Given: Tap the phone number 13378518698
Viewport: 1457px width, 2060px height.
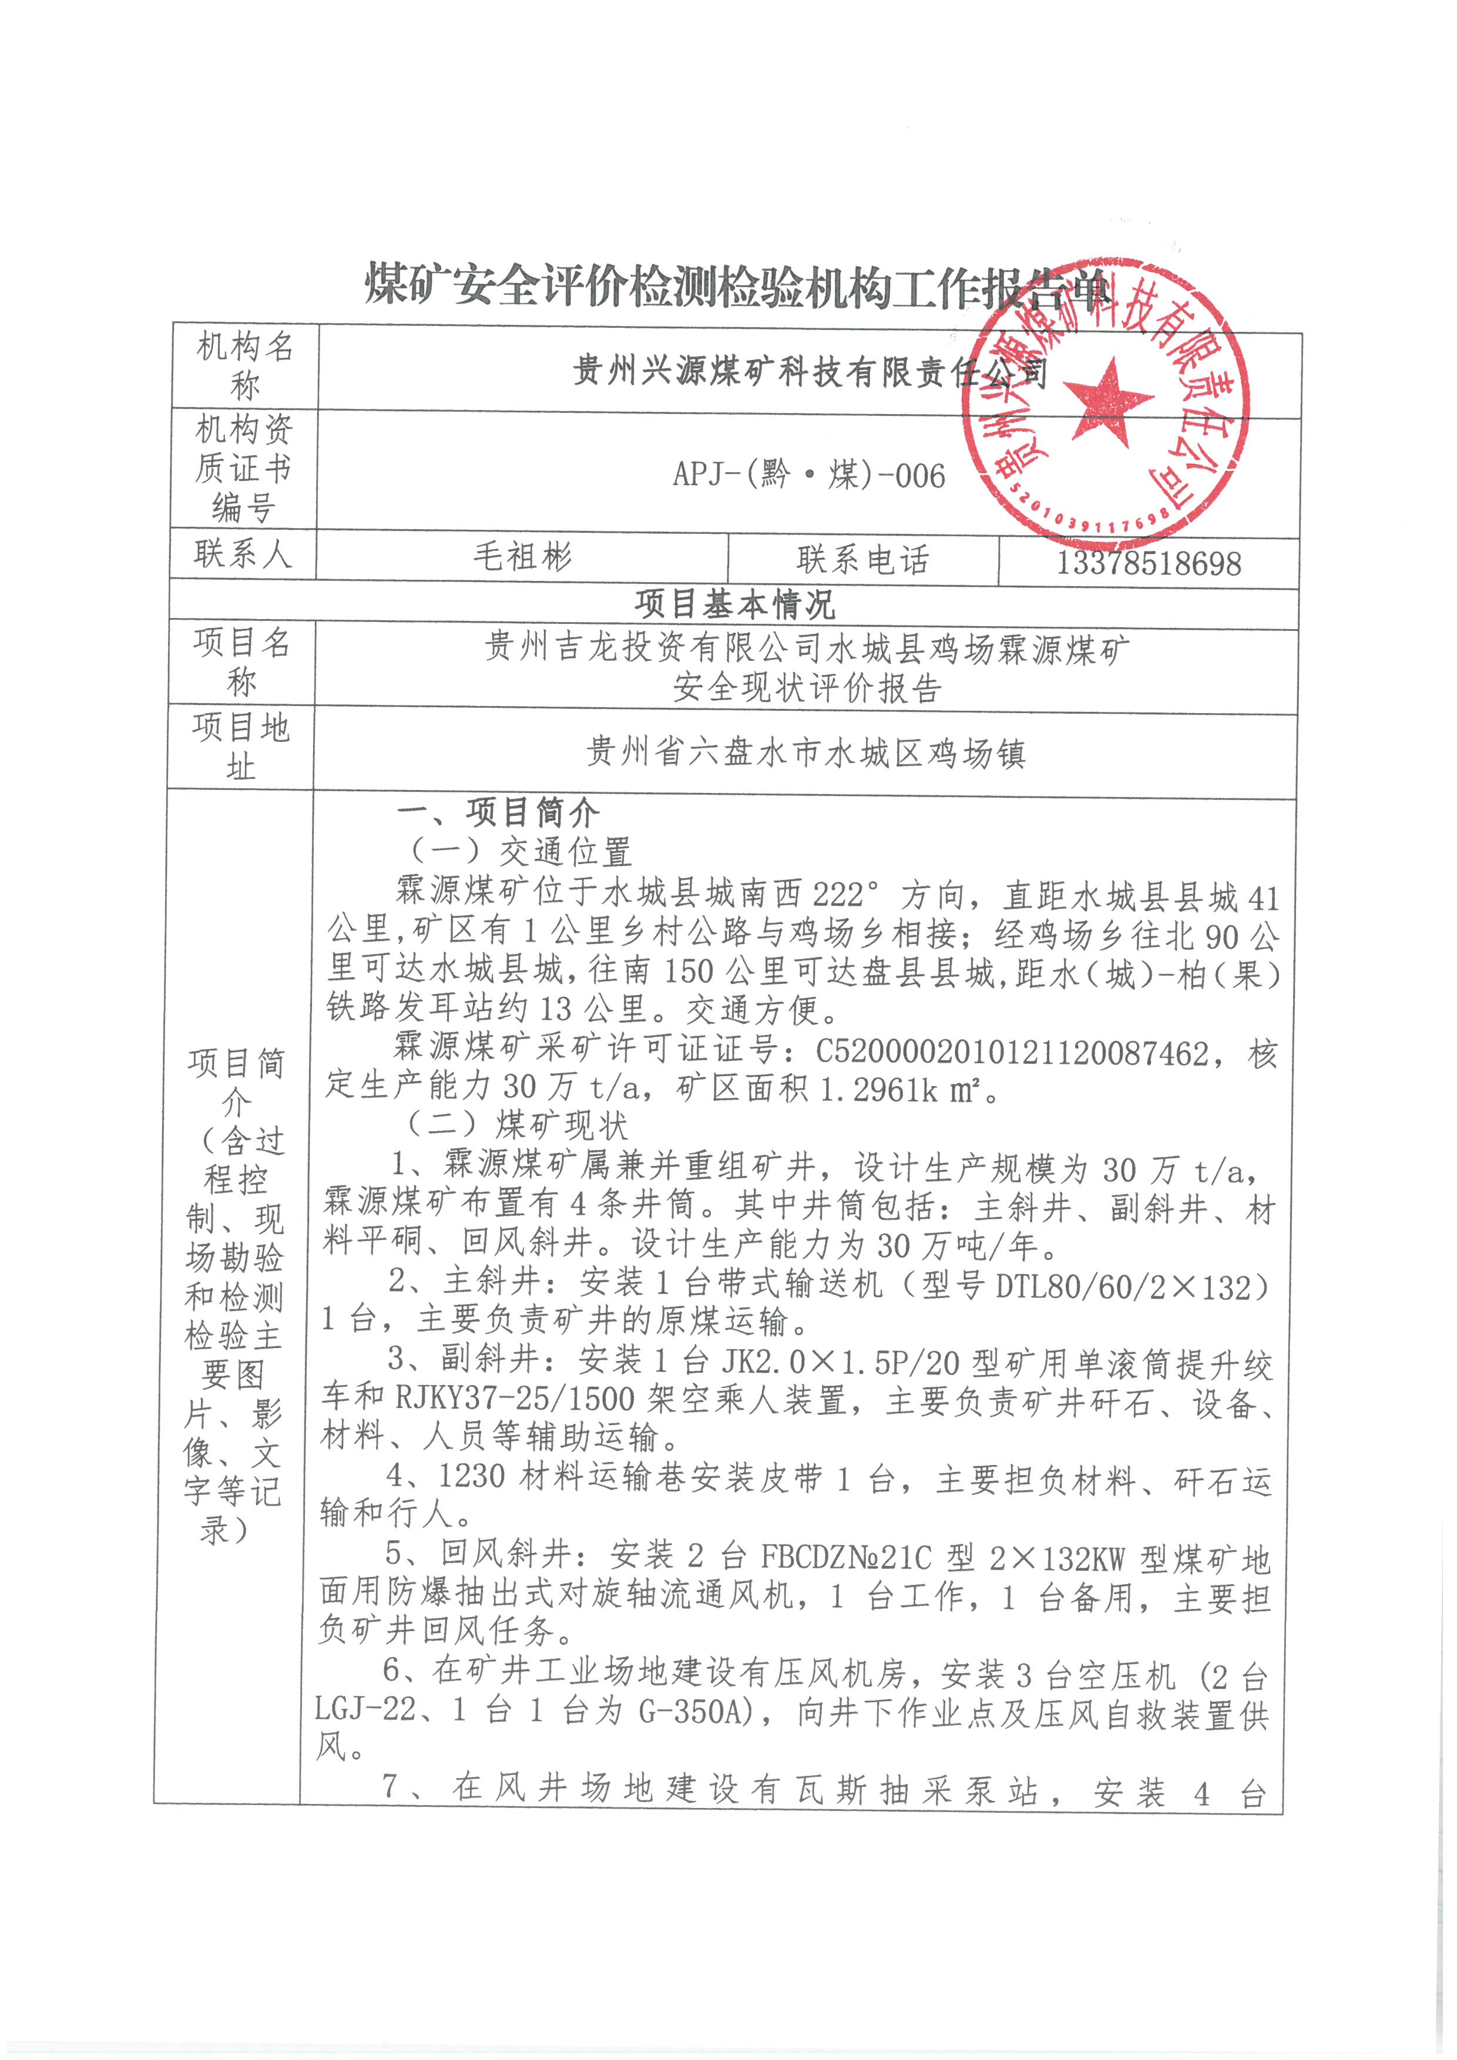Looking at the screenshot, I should coord(1149,563).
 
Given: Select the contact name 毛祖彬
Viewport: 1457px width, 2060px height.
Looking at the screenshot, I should coord(522,557).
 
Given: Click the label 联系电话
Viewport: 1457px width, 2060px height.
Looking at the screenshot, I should coord(862,560).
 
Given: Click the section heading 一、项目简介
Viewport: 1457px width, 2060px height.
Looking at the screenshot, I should coord(498,813).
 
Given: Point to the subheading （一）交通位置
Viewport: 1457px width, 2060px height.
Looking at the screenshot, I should coord(521,852).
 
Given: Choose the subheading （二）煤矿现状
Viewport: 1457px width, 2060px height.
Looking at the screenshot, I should coord(518,1125).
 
